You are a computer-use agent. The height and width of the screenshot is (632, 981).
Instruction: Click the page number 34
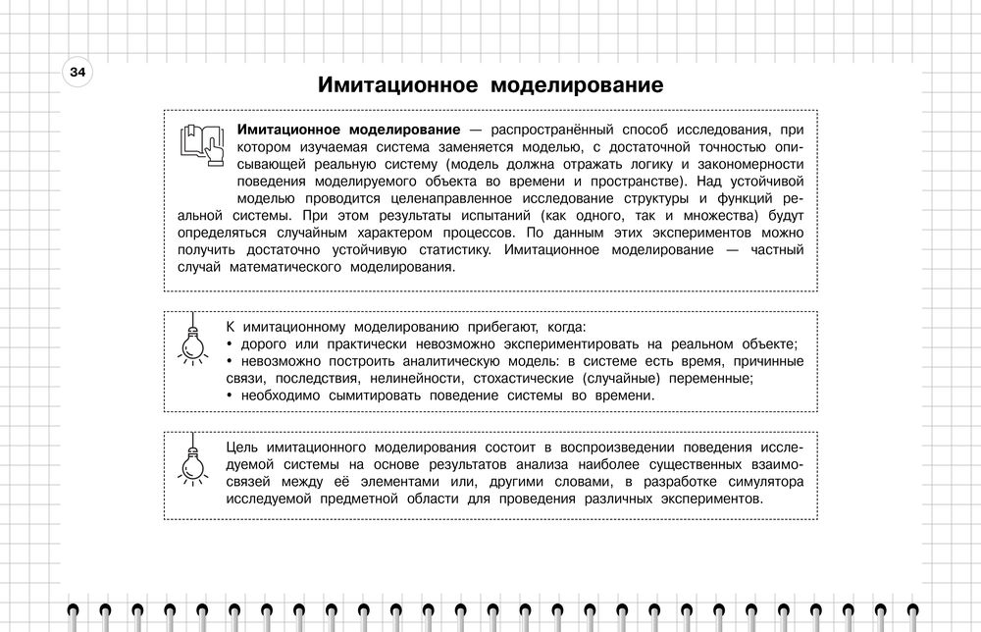pos(77,73)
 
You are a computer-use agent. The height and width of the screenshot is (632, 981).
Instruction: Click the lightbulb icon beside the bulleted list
pos(193,340)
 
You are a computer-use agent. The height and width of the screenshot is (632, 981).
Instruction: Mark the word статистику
pos(448,253)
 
